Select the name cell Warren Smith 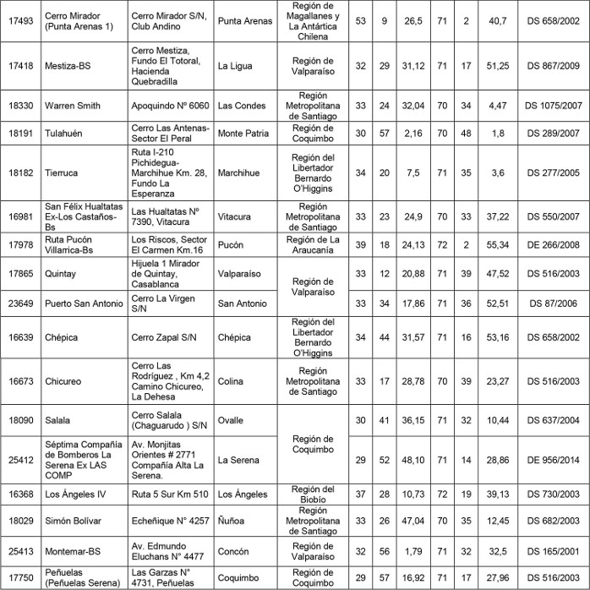click(72, 106)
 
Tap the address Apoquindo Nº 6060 click(171, 106)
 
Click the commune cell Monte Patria click(243, 133)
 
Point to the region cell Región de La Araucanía click(312, 245)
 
